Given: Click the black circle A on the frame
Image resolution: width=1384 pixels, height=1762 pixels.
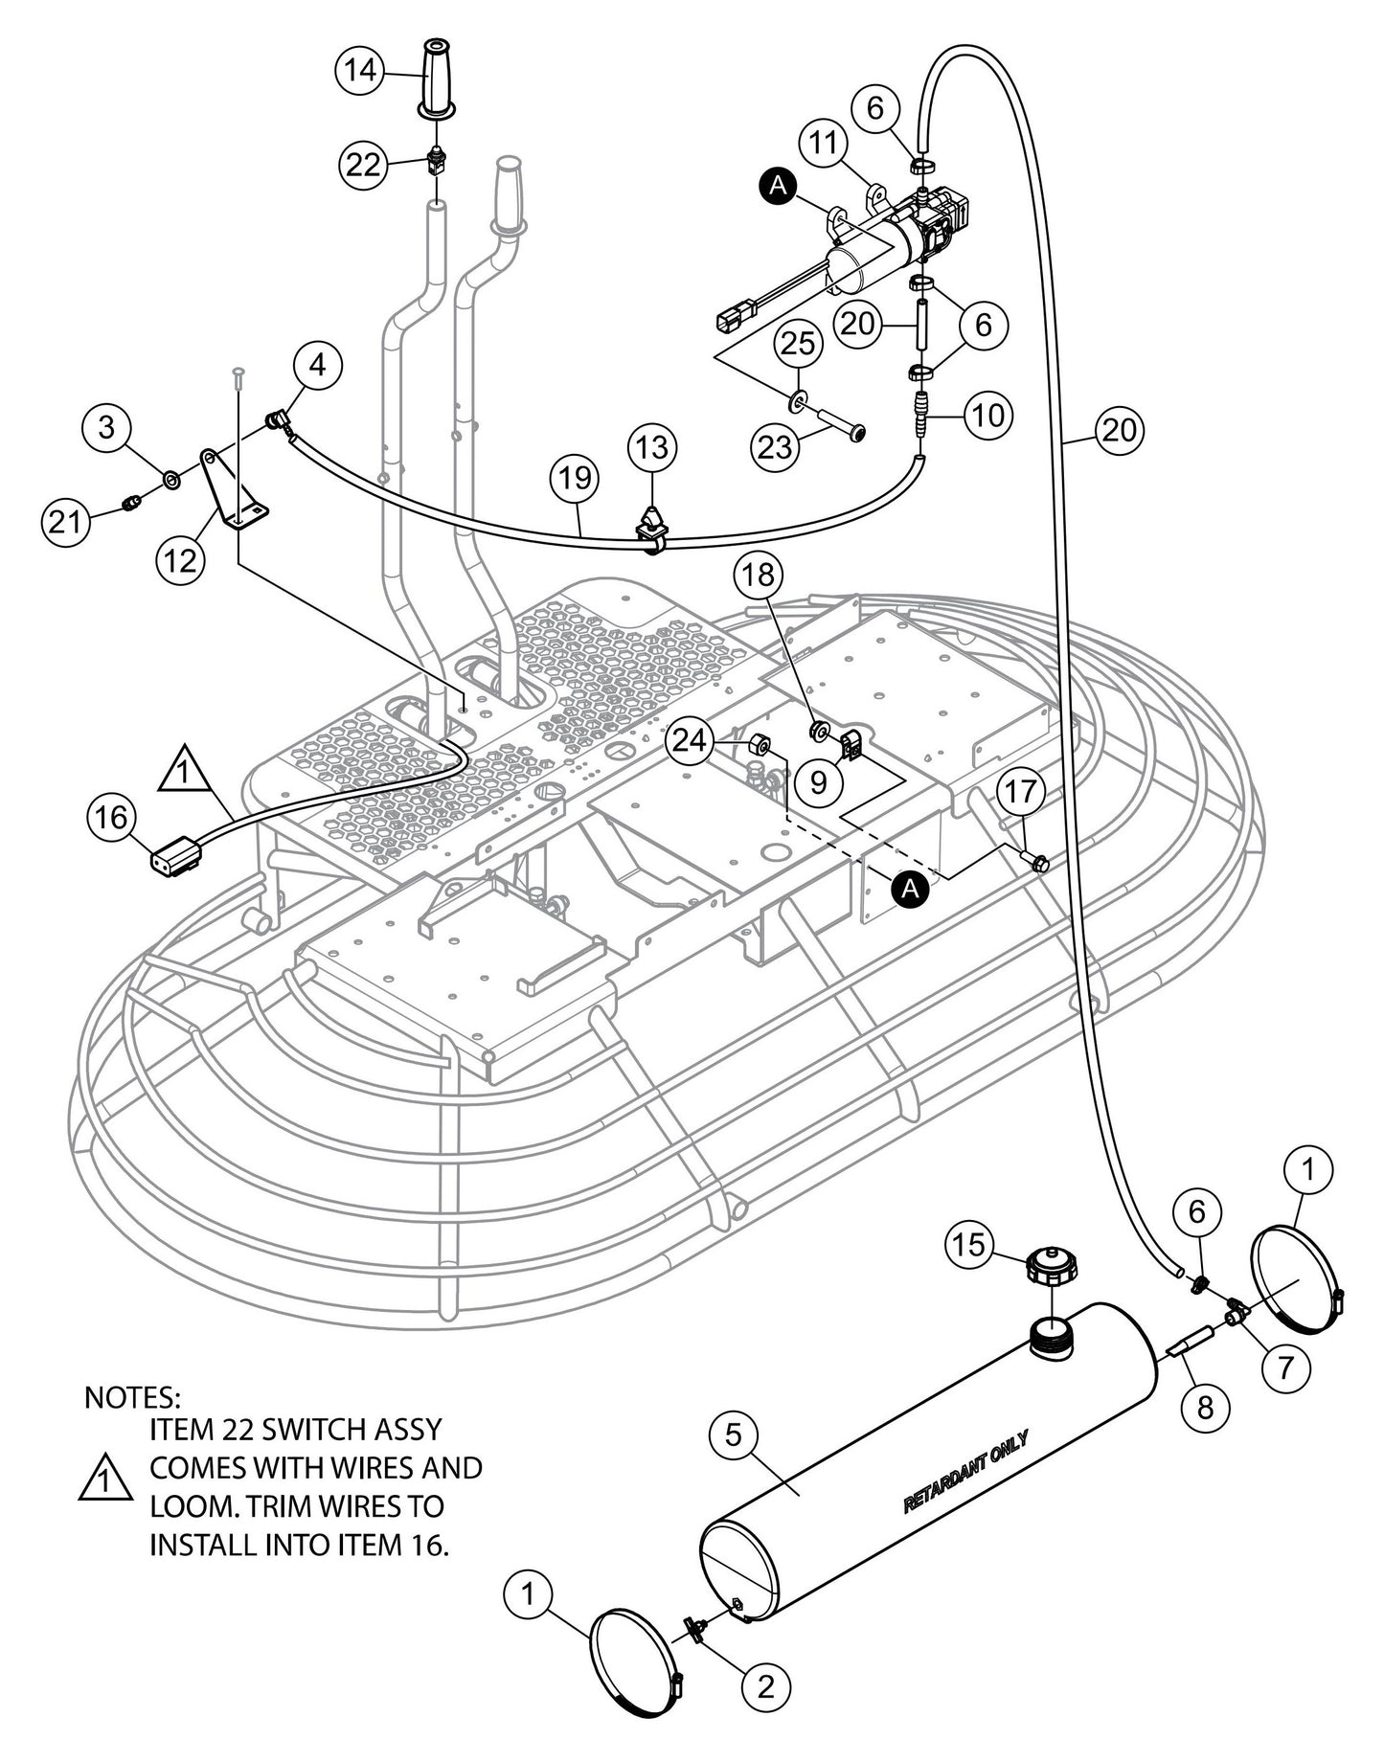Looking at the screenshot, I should (x=911, y=889).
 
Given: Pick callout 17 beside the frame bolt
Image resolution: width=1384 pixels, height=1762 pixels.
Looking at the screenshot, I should (x=1022, y=793).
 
